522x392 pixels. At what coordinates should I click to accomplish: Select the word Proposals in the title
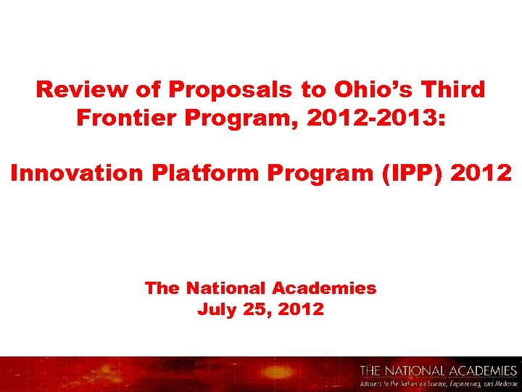point(229,91)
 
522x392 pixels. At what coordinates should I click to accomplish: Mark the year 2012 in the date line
point(300,310)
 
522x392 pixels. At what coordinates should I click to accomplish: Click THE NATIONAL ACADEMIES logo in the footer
point(439,371)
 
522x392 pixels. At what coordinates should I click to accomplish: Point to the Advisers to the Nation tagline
point(439,383)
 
